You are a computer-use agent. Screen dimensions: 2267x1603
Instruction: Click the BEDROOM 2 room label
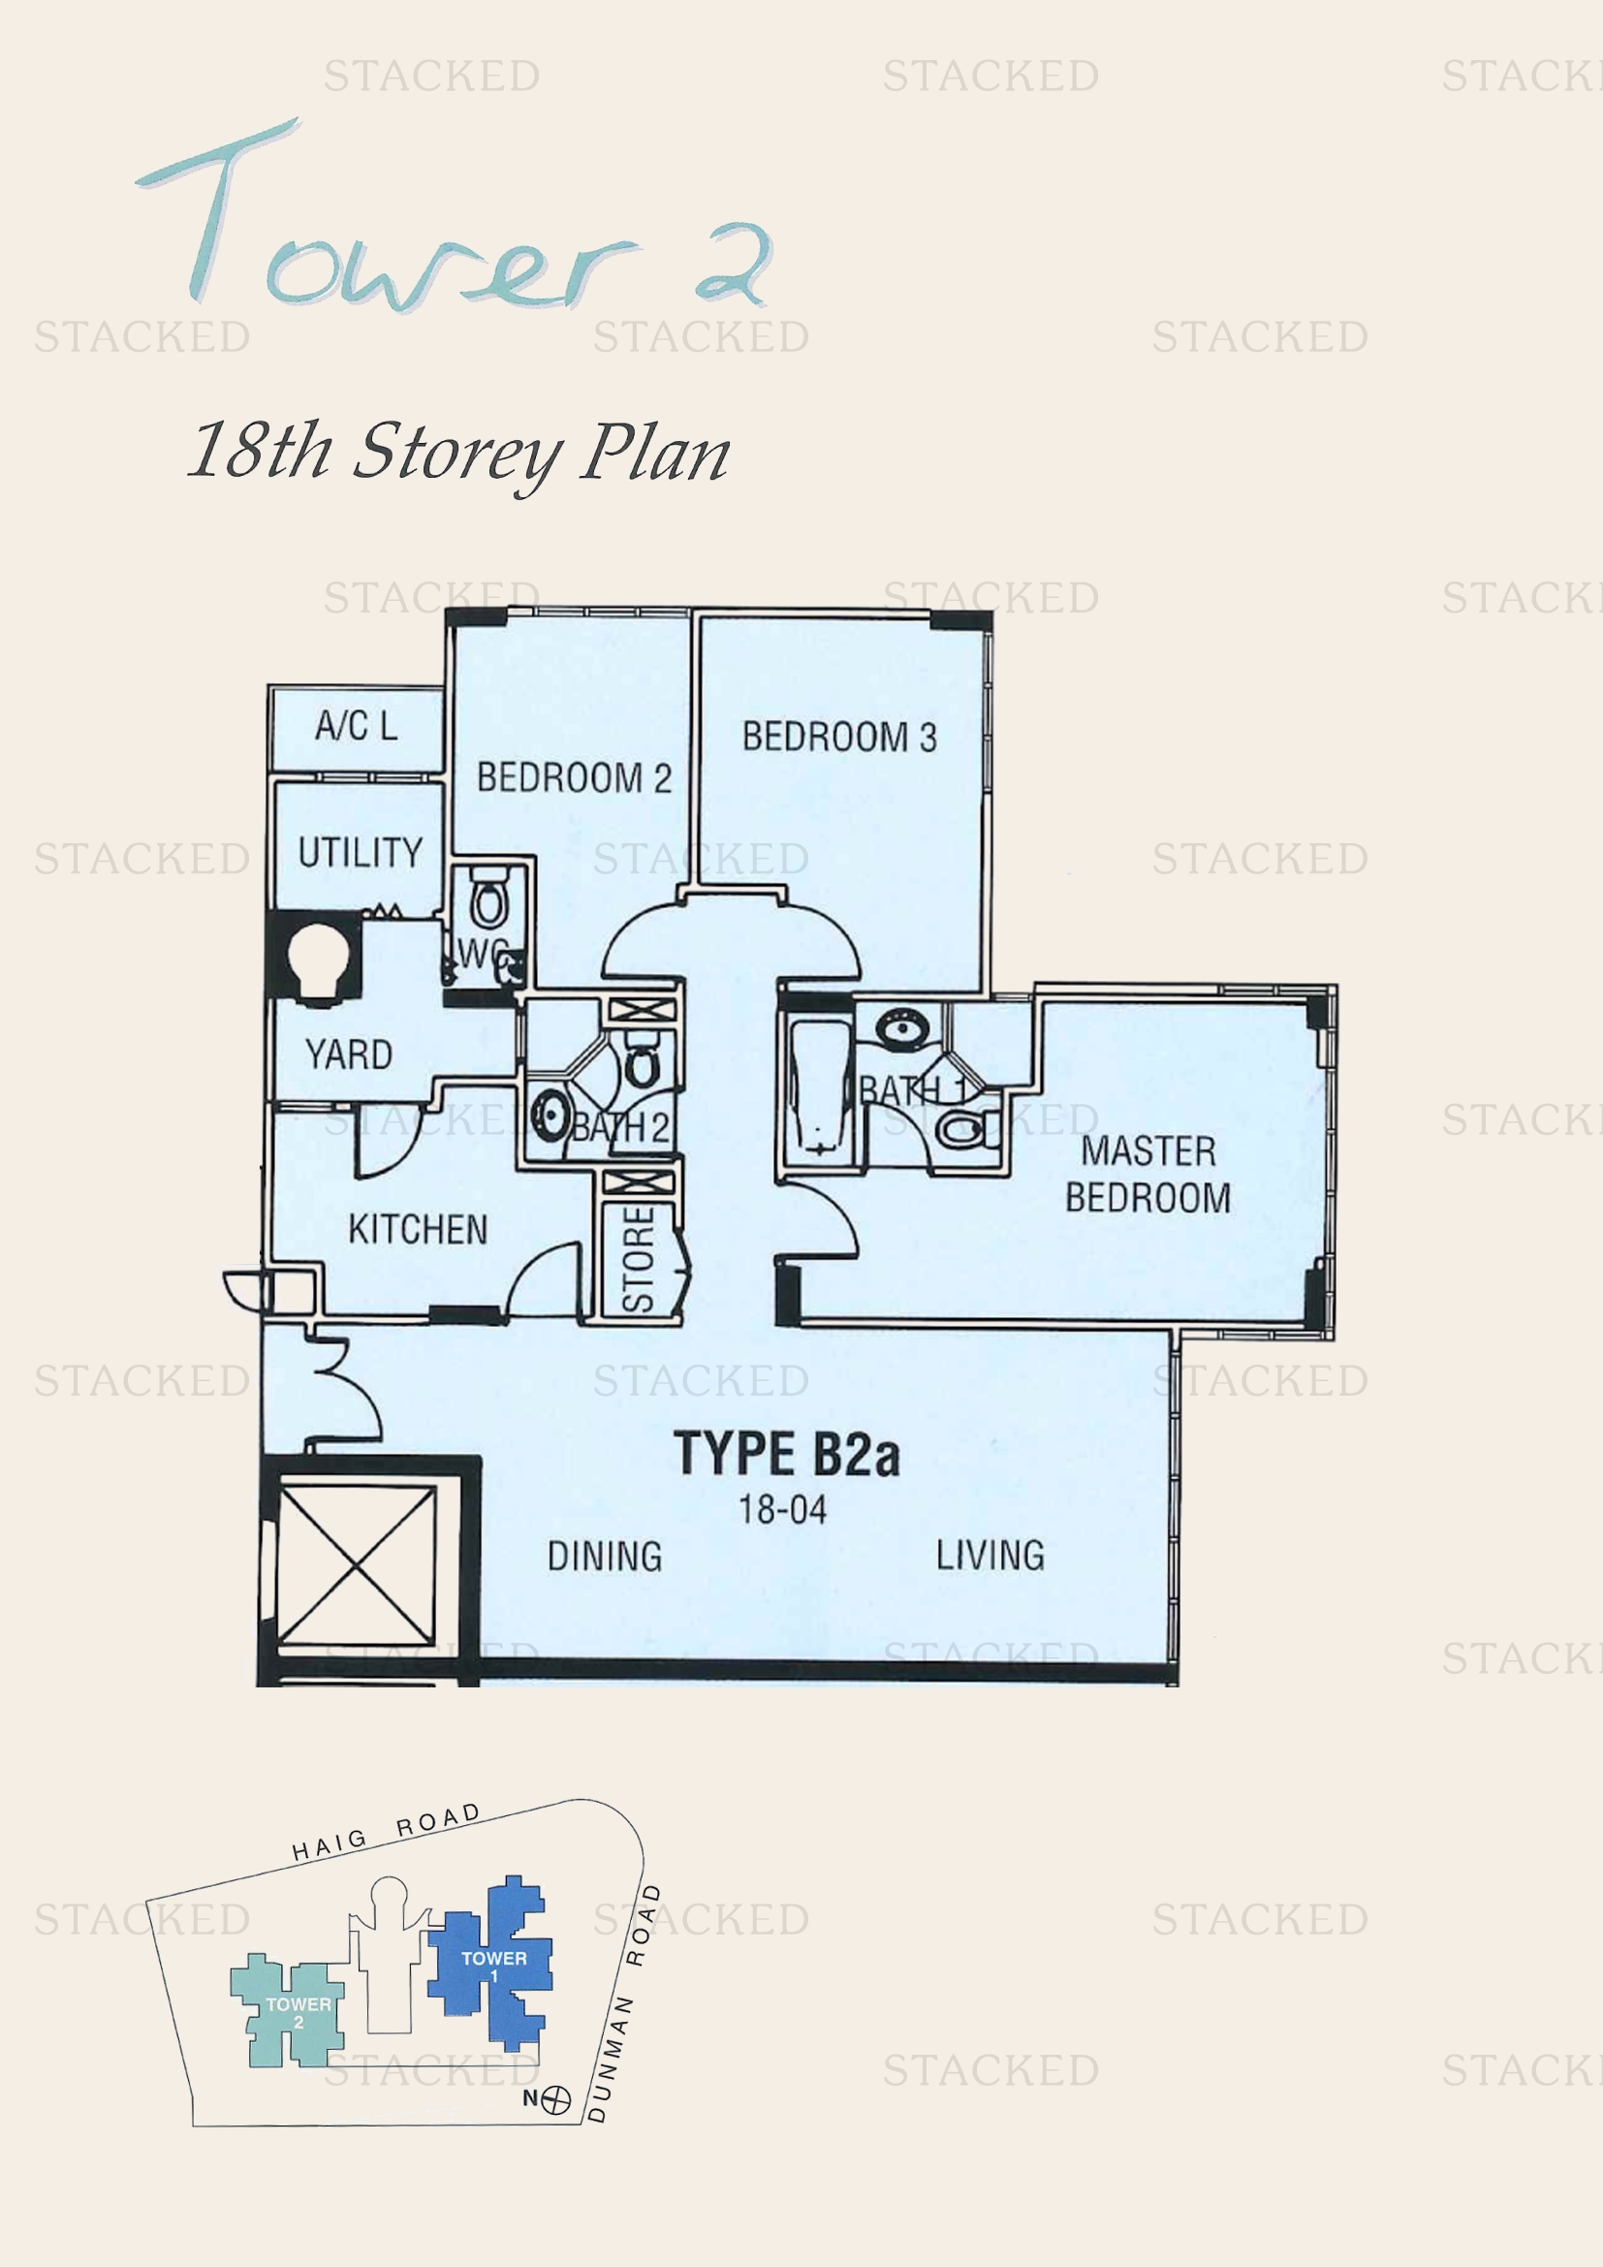(574, 778)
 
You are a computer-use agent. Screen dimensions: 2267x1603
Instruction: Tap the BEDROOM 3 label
(839, 738)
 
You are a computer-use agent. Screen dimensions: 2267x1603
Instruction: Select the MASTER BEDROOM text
(1147, 1174)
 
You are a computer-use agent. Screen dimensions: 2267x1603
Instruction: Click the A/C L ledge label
(356, 726)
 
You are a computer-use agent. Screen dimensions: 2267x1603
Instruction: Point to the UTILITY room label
(360, 852)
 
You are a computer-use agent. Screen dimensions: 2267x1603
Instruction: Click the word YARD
(349, 1055)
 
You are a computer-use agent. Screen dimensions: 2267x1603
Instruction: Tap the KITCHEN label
(418, 1229)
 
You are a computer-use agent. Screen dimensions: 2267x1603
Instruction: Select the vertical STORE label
(639, 1258)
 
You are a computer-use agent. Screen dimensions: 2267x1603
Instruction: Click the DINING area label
(604, 1557)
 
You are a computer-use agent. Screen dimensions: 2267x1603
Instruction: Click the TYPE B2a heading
(787, 1454)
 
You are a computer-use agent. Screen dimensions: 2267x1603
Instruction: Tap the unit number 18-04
(783, 1509)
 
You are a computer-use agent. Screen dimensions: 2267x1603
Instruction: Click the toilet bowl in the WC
(487, 900)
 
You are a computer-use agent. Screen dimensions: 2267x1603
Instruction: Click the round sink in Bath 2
(549, 1114)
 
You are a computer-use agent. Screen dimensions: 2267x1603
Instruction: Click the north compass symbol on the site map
(556, 2099)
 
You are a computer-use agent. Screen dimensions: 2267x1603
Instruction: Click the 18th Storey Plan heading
(459, 454)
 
